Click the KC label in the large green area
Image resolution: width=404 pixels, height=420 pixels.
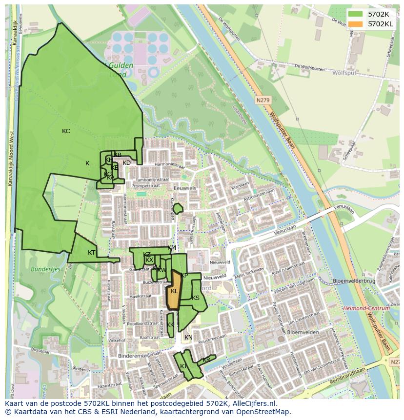click(66, 131)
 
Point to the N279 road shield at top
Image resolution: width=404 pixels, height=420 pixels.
click(263, 100)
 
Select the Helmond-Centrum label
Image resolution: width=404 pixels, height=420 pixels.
click(366, 308)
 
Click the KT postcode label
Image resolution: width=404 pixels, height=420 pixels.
click(92, 253)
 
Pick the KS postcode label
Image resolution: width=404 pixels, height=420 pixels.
click(196, 298)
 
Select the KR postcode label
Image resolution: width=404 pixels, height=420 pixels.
click(206, 360)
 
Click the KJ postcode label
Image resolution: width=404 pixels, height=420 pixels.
click(183, 366)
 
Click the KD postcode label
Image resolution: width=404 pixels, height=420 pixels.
click(126, 163)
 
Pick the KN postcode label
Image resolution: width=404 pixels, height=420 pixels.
click(188, 338)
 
